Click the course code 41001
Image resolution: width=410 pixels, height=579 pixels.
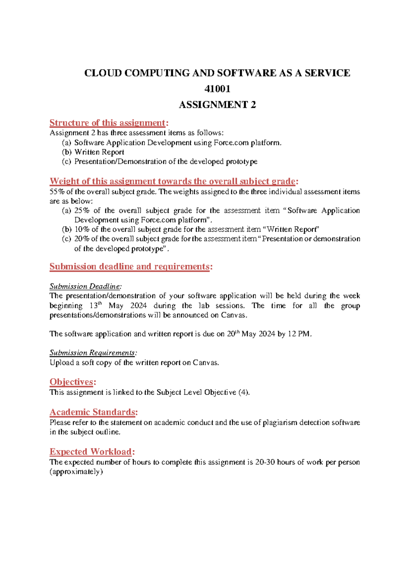pos(217,89)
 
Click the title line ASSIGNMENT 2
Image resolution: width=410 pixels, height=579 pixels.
pos(217,105)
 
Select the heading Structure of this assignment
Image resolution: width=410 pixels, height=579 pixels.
pos(107,123)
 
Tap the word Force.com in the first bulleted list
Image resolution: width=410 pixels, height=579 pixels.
pos(231,143)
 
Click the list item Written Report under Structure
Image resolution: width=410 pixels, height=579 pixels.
pos(99,152)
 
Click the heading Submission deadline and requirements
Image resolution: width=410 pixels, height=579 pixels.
pos(129,267)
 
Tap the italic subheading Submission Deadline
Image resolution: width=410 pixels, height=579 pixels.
pos(85,286)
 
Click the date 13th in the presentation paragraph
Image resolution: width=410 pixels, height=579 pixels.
pos(96,305)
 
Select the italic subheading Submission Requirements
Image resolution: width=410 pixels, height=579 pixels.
pos(93,353)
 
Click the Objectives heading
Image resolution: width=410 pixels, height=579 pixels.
pos(71,382)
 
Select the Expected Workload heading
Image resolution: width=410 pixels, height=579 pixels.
pos(91,452)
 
